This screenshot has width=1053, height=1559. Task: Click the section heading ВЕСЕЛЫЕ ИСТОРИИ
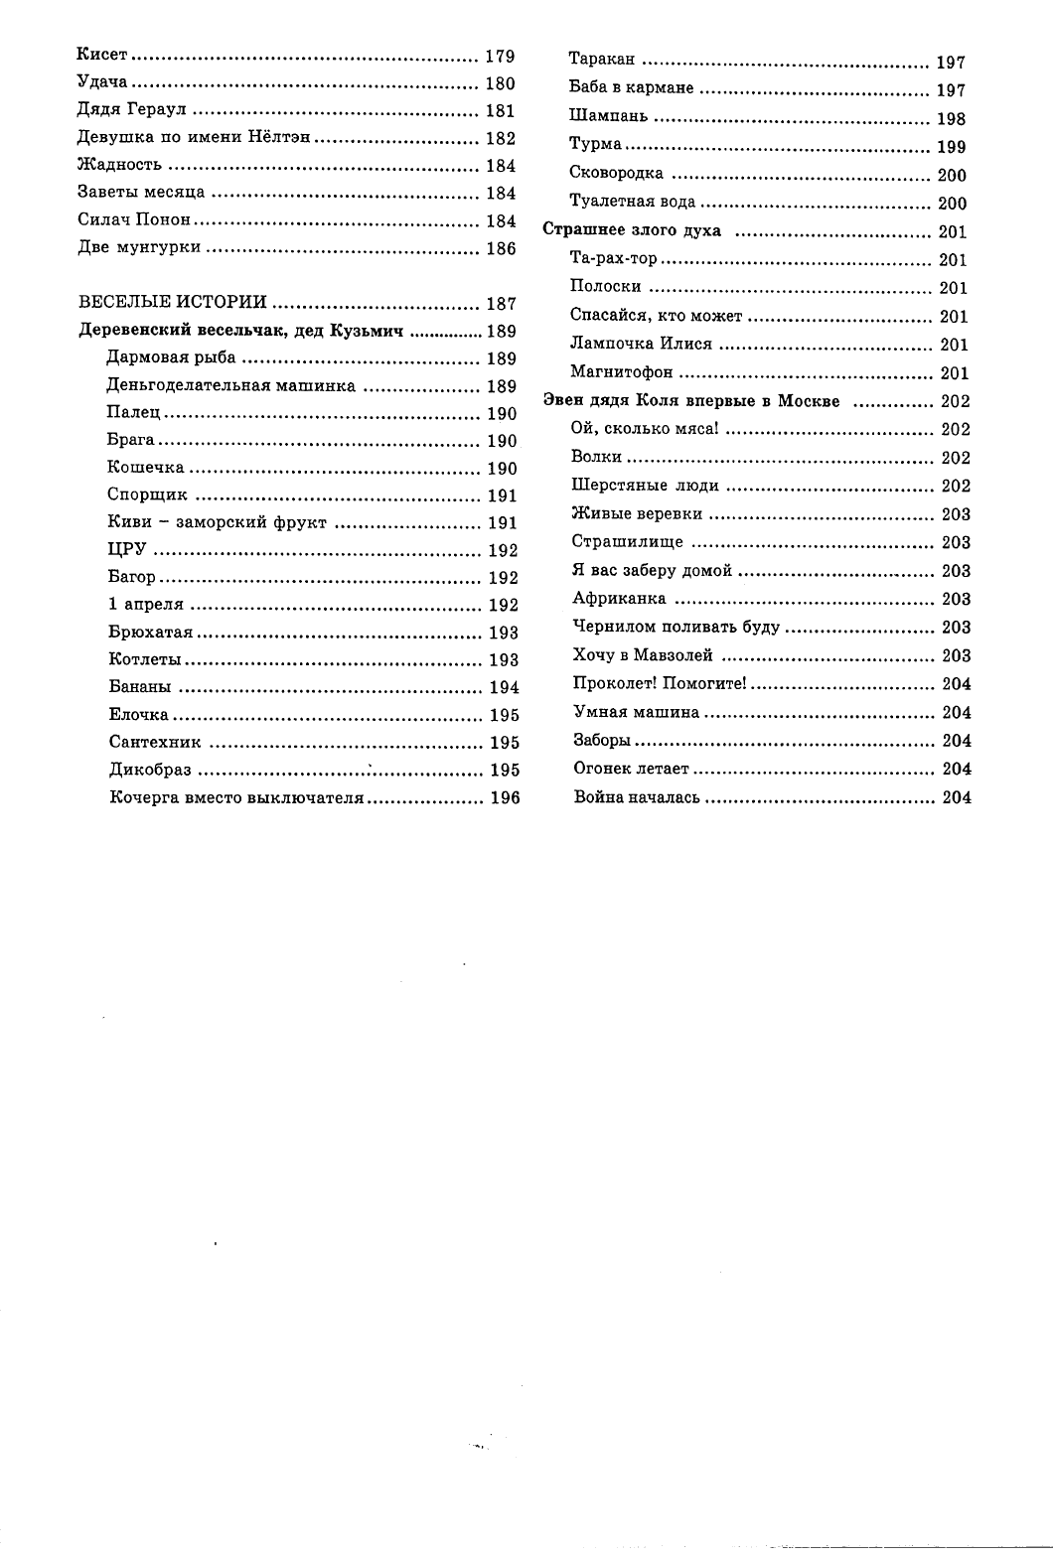[x=173, y=302]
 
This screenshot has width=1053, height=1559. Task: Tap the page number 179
[x=500, y=57]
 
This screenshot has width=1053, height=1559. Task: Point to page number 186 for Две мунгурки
[x=501, y=248]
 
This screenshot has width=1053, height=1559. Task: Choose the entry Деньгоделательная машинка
[x=230, y=385]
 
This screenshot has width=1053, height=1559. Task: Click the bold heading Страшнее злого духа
[x=632, y=231]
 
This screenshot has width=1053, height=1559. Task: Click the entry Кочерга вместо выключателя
[x=237, y=796]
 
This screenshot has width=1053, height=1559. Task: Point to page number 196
[x=505, y=797]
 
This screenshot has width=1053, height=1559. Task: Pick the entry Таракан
[x=602, y=62]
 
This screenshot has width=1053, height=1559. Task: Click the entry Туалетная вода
[x=633, y=203]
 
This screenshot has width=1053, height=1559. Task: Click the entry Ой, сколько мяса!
[x=645, y=429]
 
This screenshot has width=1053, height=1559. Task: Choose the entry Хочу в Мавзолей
[x=643, y=655]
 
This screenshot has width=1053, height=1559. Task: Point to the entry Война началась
[x=637, y=796]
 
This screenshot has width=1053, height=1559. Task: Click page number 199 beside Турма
[x=951, y=147]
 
